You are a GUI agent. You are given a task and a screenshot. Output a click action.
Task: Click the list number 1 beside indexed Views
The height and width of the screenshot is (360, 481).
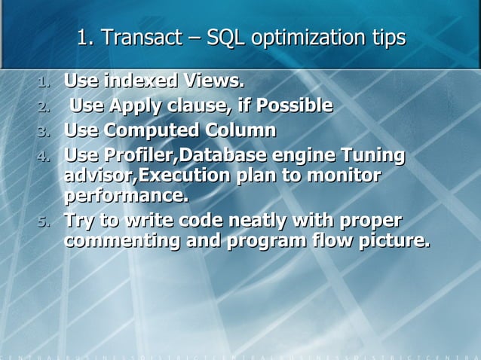44,81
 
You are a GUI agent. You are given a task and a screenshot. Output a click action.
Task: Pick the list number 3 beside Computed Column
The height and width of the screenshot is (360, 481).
44,132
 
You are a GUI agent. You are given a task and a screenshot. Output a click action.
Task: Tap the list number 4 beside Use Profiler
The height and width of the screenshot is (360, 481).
44,157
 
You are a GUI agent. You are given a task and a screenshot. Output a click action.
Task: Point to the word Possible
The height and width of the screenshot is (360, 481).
294,105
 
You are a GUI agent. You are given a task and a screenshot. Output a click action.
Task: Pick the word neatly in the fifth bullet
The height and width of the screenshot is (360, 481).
261,221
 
